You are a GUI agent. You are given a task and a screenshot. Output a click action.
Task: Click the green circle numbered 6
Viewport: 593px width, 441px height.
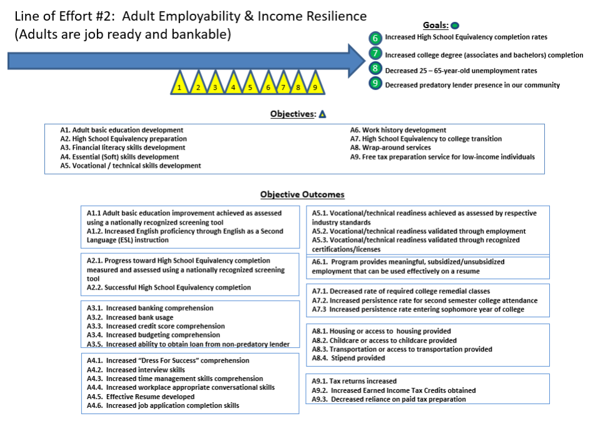pyautogui.click(x=375, y=38)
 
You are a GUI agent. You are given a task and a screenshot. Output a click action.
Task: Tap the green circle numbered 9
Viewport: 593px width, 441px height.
pyautogui.click(x=375, y=83)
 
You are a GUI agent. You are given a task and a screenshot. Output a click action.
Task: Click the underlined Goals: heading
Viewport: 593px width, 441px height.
pyautogui.click(x=435, y=25)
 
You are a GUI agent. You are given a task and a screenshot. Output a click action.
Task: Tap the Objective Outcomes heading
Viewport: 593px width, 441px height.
pyautogui.click(x=302, y=195)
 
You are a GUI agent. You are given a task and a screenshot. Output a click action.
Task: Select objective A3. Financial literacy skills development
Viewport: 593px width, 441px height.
pyautogui.click(x=123, y=148)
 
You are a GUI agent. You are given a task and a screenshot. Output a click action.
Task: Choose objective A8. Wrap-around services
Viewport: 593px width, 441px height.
pyautogui.click(x=390, y=148)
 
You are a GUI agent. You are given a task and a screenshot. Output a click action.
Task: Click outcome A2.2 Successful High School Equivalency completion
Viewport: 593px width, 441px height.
pyautogui.click(x=169, y=288)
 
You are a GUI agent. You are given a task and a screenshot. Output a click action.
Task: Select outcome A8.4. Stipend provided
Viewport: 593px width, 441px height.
pyautogui.click(x=349, y=358)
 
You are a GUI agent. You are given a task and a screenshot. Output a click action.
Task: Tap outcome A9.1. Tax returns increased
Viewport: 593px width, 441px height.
pyautogui.click(x=354, y=381)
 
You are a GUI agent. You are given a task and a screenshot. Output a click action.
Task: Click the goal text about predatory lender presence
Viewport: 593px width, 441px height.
pyautogui.click(x=472, y=84)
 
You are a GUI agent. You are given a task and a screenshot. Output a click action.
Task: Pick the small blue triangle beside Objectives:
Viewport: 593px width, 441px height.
pyautogui.click(x=322, y=114)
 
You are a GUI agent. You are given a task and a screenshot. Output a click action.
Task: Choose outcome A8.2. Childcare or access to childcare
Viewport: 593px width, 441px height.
pyautogui.click(x=384, y=340)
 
